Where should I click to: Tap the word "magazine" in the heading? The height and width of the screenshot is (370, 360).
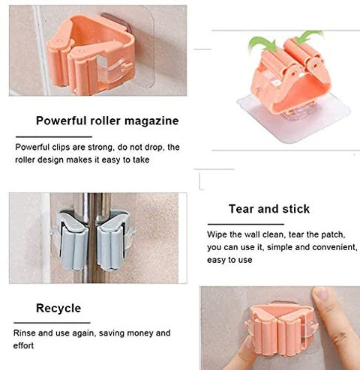(151, 121)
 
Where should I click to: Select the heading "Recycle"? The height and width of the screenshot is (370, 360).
(58, 309)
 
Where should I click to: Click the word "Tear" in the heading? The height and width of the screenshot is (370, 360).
(241, 209)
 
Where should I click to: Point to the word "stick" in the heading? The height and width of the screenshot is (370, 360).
(296, 209)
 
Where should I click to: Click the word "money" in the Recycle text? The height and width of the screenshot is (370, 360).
(140, 333)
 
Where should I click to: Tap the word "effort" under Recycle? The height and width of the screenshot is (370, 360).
(23, 346)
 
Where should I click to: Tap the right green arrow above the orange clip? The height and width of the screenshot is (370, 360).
(308, 35)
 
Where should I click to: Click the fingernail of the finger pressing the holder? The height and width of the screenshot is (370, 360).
(322, 294)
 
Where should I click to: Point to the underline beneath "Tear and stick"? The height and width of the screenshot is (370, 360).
(246, 224)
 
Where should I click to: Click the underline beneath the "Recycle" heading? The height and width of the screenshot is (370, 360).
(52, 323)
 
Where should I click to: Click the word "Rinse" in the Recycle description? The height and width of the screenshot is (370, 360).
(25, 333)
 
